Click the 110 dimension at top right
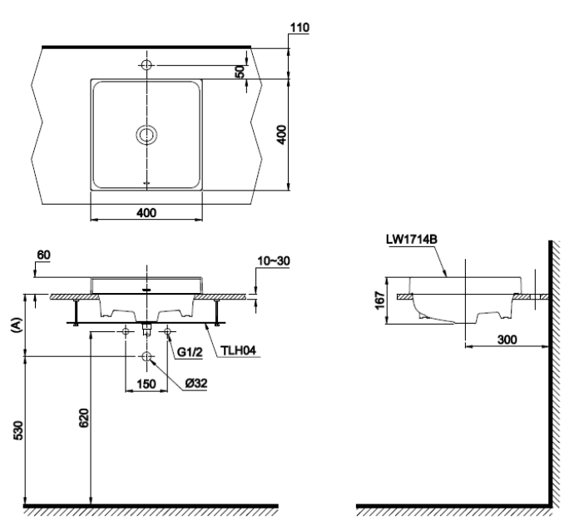click(x=299, y=29)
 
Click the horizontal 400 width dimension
click(x=146, y=213)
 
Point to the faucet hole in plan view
click(x=147, y=65)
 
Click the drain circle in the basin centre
click(x=147, y=134)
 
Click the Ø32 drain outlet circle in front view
click(x=147, y=357)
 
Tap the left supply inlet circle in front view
click(x=126, y=332)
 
